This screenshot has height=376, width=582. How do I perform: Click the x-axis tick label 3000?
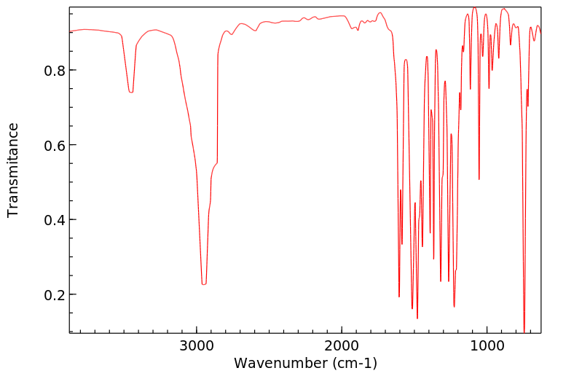tap(197, 346)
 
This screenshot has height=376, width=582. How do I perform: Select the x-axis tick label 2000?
tap(342, 346)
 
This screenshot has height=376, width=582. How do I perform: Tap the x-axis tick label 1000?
tap(487, 346)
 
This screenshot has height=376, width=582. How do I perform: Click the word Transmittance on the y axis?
tap(13, 170)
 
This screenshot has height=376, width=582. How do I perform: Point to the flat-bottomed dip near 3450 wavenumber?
tap(131, 92)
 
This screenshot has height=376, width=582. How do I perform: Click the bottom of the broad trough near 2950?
tap(204, 283)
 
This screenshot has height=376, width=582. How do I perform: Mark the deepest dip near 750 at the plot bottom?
tap(524, 329)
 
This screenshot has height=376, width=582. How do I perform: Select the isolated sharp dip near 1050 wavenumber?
tap(479, 179)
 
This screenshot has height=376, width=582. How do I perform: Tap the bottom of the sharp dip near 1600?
tap(399, 296)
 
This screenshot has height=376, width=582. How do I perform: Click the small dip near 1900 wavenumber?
tap(358, 29)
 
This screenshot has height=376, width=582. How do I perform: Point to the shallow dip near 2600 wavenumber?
tap(255, 31)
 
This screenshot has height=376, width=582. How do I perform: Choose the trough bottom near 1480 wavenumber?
tap(417, 318)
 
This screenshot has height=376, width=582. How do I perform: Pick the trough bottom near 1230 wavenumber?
tap(454, 306)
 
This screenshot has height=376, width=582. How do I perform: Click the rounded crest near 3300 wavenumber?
tap(154, 30)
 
